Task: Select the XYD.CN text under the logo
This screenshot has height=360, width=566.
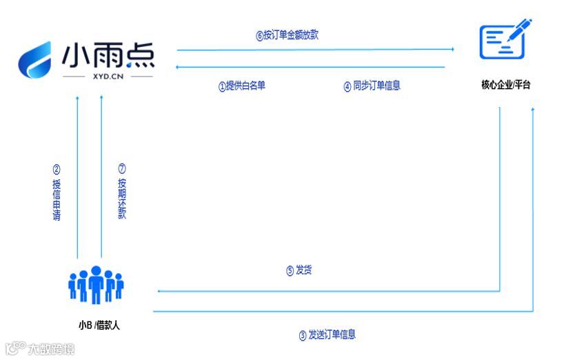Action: tap(108, 77)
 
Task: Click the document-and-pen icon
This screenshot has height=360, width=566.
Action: tap(505, 39)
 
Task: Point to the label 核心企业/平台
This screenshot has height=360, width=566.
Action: tap(506, 85)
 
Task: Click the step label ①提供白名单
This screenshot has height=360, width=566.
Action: tap(241, 86)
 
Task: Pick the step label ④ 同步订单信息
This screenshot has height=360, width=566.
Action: tap(372, 86)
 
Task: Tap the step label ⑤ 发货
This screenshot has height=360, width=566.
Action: tap(299, 270)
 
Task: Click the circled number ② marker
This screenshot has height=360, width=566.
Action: tap(57, 170)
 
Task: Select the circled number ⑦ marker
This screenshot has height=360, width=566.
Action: tap(122, 168)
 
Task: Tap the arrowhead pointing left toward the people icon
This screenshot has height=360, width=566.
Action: tap(159, 291)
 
